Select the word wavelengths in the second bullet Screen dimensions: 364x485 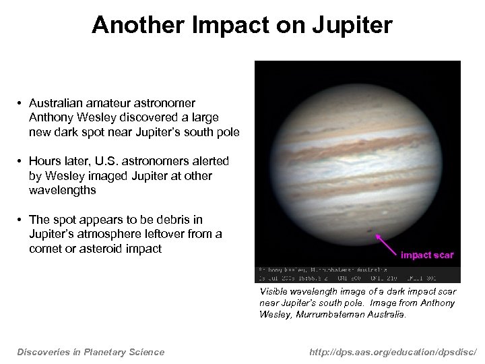[x=62, y=190]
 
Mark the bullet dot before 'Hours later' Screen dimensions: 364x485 [x=21, y=162]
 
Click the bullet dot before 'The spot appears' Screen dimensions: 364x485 [x=21, y=220]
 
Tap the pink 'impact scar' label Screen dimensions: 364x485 [x=427, y=255]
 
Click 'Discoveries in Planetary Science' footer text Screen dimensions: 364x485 [x=91, y=351]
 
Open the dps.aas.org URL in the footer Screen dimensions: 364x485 [x=391, y=351]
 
